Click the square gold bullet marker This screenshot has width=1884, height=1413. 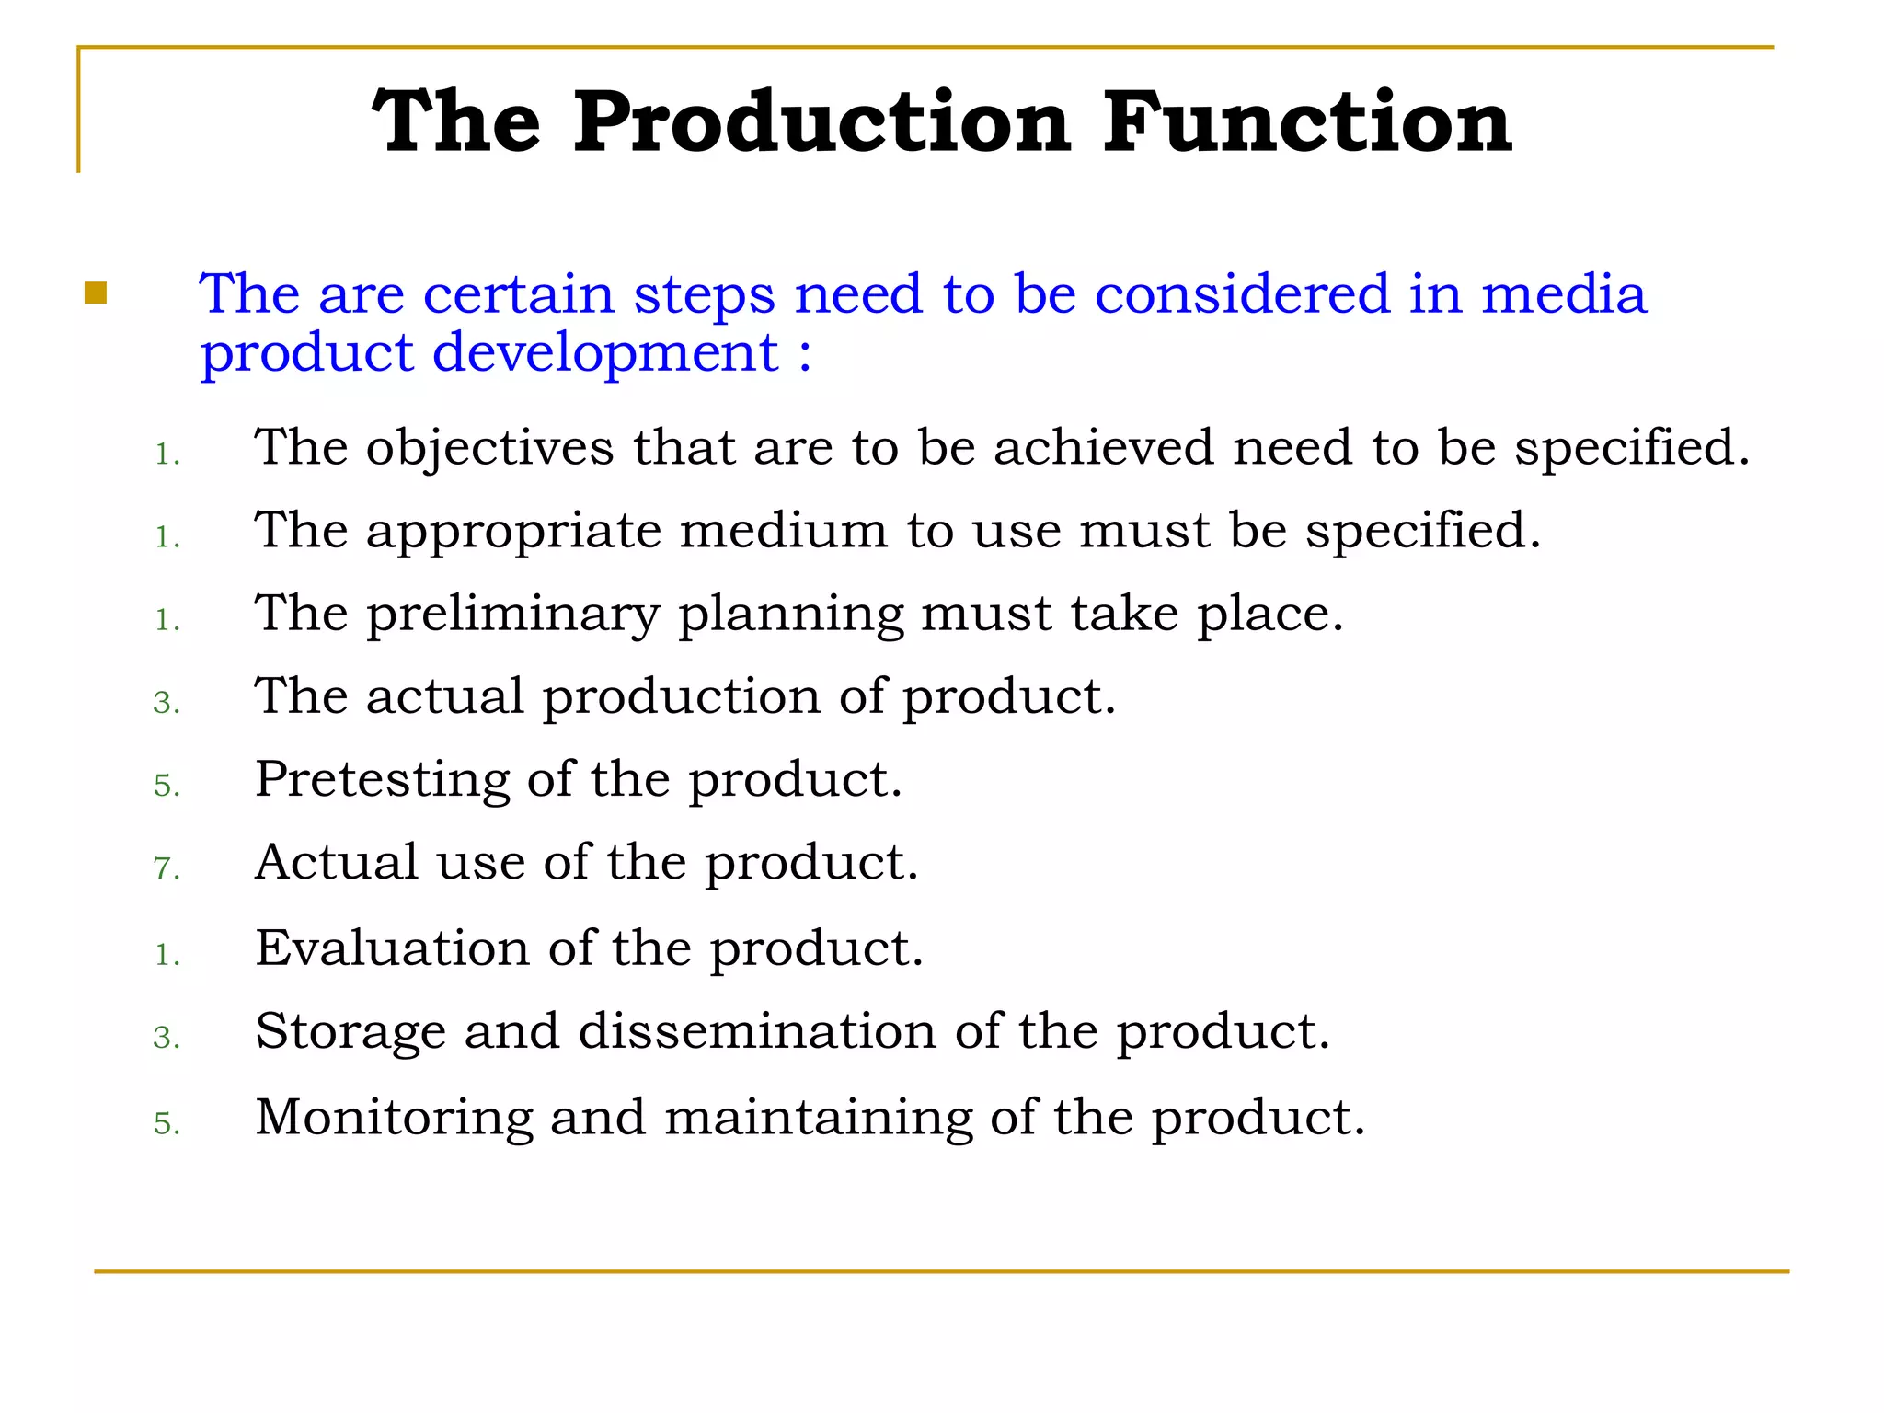coord(96,293)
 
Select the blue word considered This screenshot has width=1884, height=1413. coord(1242,294)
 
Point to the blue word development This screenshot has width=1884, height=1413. coord(605,354)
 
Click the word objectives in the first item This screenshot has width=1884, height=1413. coord(489,448)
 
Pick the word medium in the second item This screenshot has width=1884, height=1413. coord(784,531)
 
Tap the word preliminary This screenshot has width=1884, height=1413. coord(513,614)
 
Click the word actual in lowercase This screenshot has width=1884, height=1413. coord(445,696)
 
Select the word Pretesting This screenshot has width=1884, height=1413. coord(382,779)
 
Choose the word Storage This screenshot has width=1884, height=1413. coord(350,1031)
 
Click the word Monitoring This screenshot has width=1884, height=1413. coord(394,1117)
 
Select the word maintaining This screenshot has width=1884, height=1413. coord(818,1117)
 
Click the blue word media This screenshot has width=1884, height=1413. coord(1563,294)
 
